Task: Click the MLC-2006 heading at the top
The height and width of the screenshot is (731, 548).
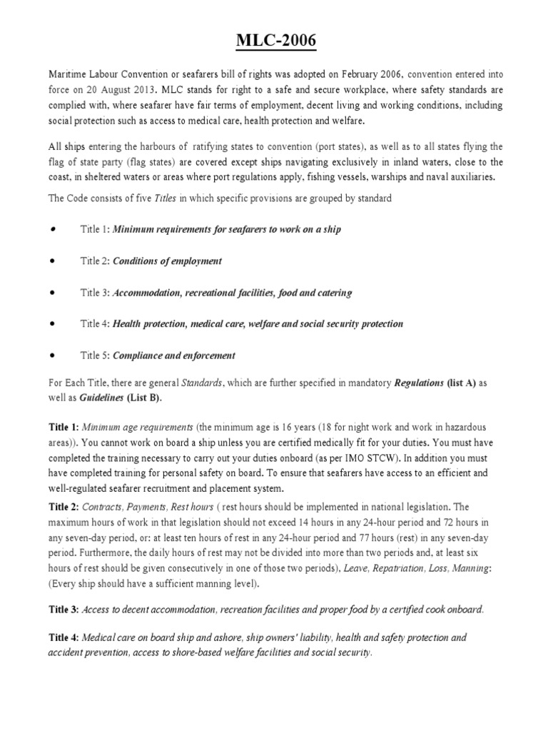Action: [x=275, y=44]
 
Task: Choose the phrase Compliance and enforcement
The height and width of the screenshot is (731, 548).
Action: [x=174, y=356]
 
